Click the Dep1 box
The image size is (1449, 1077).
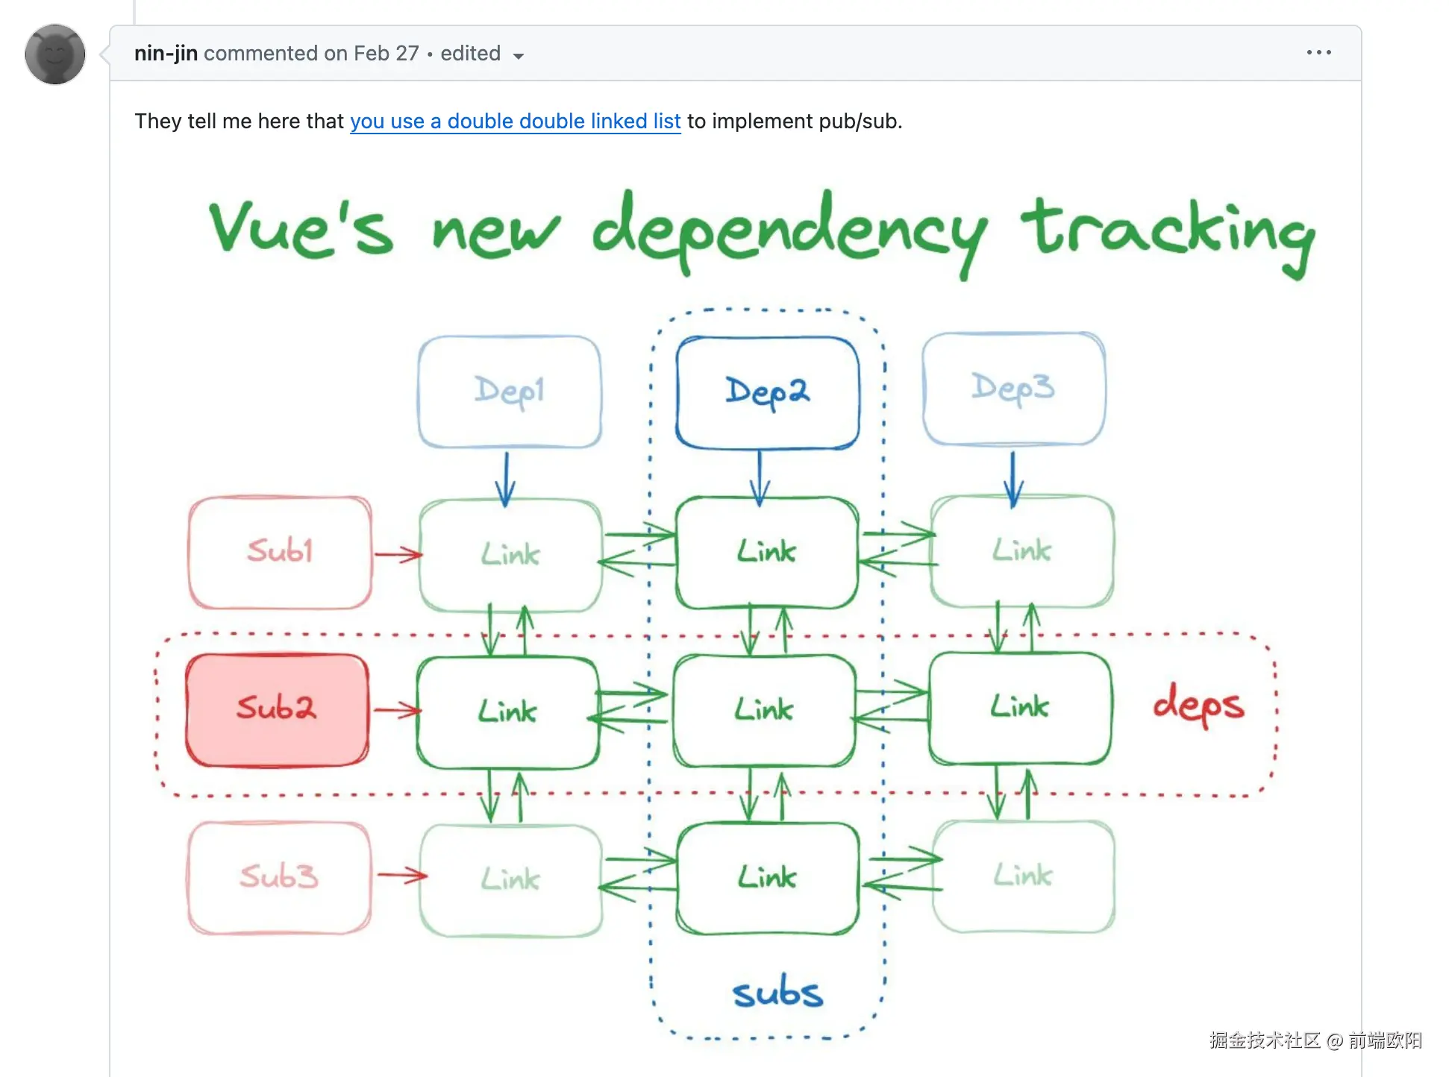click(x=510, y=392)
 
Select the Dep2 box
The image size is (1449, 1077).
click(x=767, y=393)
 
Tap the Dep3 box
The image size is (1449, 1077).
click(x=1013, y=389)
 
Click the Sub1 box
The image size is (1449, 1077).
click(x=280, y=552)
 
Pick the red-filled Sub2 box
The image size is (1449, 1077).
click(x=277, y=709)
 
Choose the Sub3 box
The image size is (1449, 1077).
click(x=279, y=877)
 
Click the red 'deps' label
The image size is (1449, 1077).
click(x=1198, y=705)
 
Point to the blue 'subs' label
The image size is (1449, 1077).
click(x=777, y=993)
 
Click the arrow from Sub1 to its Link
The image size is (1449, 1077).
click(x=397, y=554)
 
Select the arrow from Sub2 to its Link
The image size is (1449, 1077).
click(x=395, y=710)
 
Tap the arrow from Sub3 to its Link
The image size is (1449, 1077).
click(x=401, y=876)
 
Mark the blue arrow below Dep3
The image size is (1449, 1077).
click(x=1013, y=477)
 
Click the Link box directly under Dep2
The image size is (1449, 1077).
click(x=767, y=553)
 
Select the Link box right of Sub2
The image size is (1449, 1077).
click(x=507, y=712)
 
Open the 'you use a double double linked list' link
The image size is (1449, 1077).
click(x=515, y=121)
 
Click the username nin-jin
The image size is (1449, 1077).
click(x=166, y=54)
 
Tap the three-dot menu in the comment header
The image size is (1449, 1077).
click(x=1318, y=53)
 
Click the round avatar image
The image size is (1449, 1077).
click(x=55, y=54)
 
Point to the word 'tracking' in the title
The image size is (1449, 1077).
click(x=1168, y=231)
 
